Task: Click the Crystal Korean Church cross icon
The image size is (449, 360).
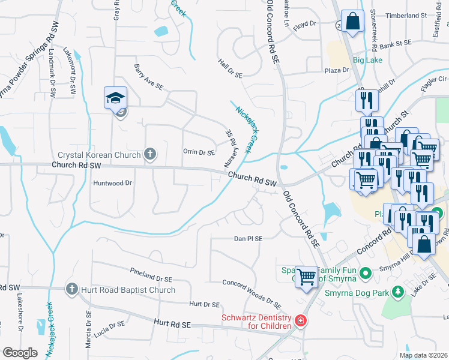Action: (150, 155)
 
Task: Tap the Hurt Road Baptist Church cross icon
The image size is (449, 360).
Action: (72, 289)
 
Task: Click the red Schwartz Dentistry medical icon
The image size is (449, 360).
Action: (301, 323)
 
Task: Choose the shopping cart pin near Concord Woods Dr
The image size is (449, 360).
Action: (307, 277)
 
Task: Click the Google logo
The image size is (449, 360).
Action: (20, 352)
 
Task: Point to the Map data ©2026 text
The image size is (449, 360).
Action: (423, 355)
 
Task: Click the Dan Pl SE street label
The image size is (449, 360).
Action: (248, 239)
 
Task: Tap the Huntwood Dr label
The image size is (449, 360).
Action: (112, 184)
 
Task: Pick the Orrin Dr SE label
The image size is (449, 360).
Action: (199, 152)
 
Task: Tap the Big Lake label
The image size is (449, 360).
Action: (367, 61)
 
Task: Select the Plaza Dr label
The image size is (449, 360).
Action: (337, 70)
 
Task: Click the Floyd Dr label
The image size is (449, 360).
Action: (304, 24)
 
